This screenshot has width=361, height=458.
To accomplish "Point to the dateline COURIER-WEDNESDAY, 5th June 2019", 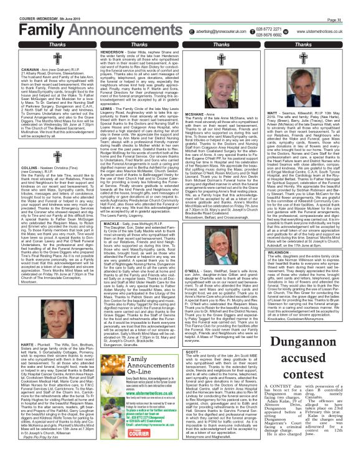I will (x=28, y=5).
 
